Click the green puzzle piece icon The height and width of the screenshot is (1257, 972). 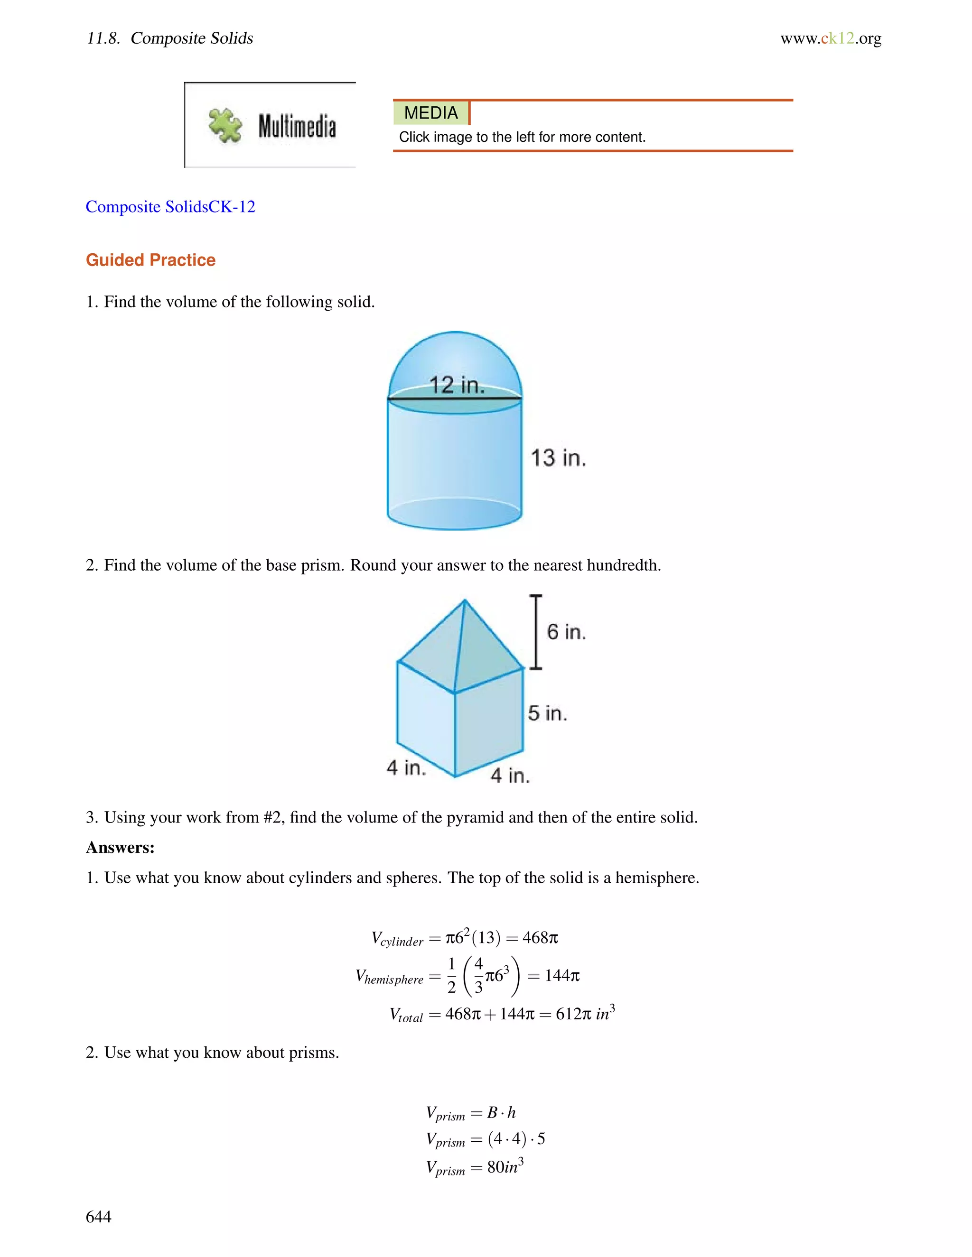(225, 125)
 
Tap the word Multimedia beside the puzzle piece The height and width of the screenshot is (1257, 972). (297, 126)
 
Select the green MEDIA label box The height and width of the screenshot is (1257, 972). (431, 113)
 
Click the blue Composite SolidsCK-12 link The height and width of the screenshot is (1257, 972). (170, 207)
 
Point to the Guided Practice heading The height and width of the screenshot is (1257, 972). (150, 260)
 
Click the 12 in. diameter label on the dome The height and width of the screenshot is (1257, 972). (457, 385)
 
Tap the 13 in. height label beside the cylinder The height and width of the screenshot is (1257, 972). (558, 458)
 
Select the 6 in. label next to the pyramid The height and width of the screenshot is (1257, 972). (566, 632)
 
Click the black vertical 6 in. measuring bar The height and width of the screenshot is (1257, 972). (536, 632)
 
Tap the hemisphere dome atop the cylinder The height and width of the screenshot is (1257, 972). (455, 357)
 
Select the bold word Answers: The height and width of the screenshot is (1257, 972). (121, 847)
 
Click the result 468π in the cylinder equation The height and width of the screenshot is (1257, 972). (540, 938)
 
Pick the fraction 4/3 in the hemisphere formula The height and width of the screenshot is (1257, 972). (478, 976)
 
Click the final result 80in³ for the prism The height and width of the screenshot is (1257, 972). (505, 1167)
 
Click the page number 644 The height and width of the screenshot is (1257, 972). (98, 1216)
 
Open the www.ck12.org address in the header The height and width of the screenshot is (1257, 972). (831, 38)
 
